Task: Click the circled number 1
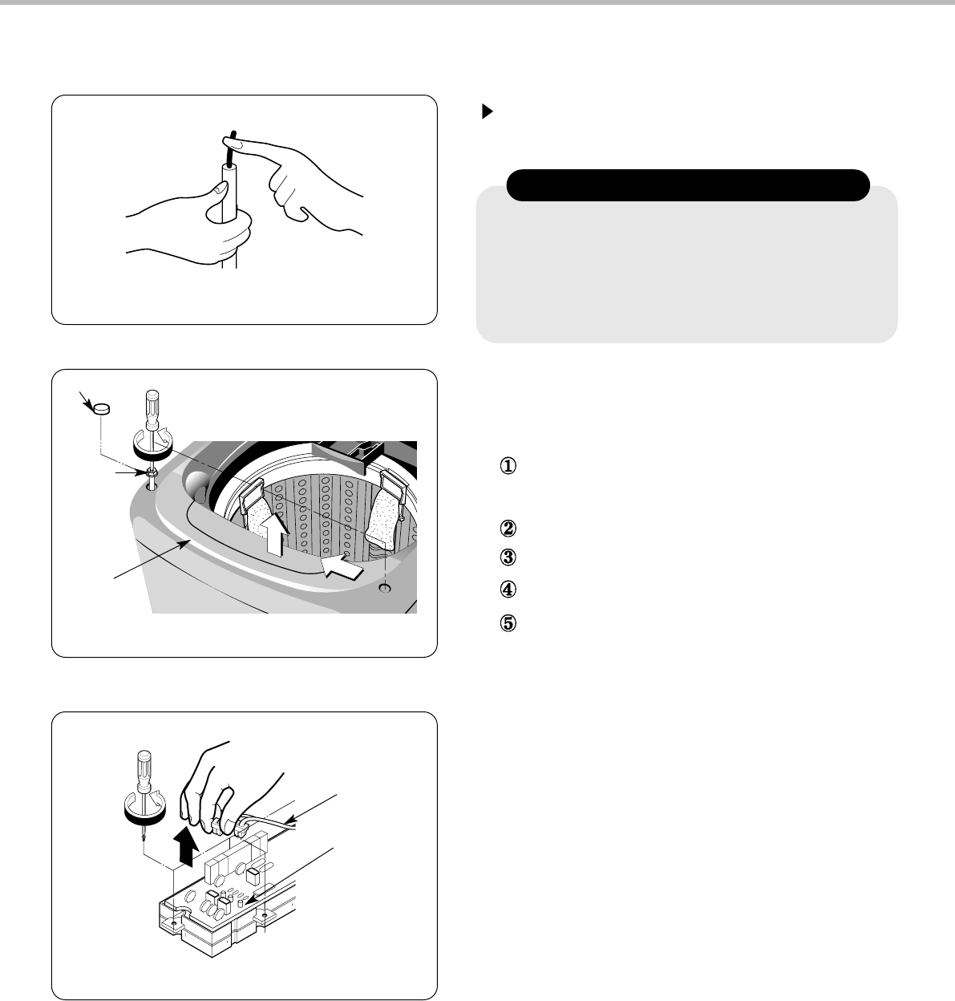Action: click(508, 465)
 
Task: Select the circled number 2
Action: click(508, 529)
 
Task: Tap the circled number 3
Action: click(508, 557)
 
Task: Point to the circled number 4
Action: click(508, 589)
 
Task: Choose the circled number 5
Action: click(508, 623)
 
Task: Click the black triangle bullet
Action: click(488, 111)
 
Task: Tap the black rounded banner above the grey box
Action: click(688, 185)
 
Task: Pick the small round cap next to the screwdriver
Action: click(102, 408)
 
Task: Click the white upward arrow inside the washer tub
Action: click(275, 534)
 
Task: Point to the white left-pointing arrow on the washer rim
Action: click(342, 566)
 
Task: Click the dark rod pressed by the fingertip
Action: click(232, 148)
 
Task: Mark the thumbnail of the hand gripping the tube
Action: click(221, 188)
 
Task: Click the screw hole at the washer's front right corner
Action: click(386, 589)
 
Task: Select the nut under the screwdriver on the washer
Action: click(152, 473)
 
